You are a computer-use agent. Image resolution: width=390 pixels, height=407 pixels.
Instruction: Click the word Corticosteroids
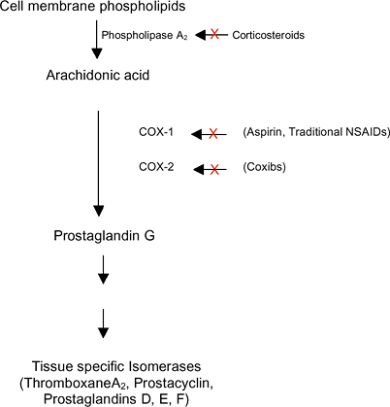click(269, 35)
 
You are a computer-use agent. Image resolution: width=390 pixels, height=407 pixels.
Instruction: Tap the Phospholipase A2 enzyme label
click(145, 35)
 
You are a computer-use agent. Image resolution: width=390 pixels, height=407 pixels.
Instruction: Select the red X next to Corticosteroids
click(214, 34)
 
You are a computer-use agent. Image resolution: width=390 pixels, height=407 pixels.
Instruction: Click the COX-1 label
click(156, 132)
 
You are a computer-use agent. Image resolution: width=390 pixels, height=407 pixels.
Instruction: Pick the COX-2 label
click(156, 167)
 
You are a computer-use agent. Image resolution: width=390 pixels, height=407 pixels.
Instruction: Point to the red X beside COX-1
click(212, 134)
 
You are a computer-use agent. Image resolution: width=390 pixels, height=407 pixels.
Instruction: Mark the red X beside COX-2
click(214, 169)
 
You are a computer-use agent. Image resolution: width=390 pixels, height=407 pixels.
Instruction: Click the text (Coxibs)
click(265, 167)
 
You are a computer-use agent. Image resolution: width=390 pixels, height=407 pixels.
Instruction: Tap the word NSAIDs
click(368, 132)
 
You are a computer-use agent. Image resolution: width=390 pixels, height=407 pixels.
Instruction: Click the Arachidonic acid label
click(98, 76)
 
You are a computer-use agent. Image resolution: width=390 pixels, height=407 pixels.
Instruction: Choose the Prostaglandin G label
click(104, 236)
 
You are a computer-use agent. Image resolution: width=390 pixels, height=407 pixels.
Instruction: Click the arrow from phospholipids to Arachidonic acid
click(97, 40)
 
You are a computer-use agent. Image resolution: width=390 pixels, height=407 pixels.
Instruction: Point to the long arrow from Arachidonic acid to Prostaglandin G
click(98, 163)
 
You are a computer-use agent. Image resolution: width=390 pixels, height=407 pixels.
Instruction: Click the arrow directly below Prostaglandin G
click(103, 270)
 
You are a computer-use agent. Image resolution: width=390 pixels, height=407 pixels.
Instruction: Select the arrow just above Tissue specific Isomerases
click(103, 323)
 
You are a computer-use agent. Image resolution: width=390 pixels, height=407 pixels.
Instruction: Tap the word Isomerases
click(165, 366)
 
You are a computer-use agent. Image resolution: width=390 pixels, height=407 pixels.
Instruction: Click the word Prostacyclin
click(174, 383)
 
